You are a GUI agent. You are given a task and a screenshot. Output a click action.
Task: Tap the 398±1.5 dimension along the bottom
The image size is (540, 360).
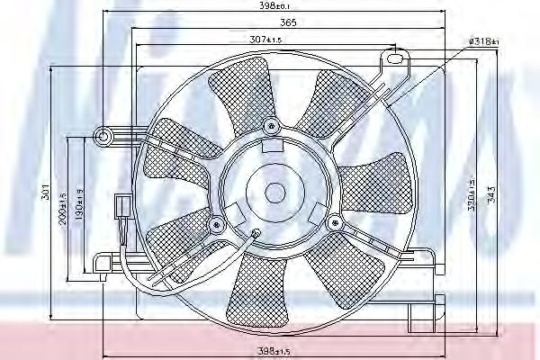tap(270, 349)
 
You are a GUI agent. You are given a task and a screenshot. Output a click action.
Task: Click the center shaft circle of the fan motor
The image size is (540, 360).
tap(272, 191)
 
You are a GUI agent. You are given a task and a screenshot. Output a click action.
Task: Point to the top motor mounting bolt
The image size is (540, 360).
tap(271, 124)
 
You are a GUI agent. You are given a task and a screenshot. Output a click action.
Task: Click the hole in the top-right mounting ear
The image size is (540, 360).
tap(393, 60)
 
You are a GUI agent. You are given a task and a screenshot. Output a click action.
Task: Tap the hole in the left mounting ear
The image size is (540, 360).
tap(103, 137)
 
